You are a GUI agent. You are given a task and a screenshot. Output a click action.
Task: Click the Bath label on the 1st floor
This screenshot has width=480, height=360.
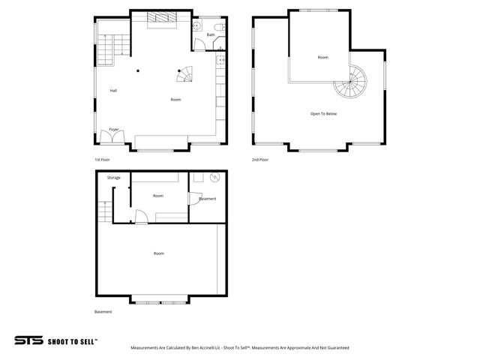211,35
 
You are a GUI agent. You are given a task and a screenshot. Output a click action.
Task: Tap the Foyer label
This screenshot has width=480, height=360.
114,130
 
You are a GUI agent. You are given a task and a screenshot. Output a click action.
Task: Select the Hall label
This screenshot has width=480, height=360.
113,91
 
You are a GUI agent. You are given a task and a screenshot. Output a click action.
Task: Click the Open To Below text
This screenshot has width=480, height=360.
323,114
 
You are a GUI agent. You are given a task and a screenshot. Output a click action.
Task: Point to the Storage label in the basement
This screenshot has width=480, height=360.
114,178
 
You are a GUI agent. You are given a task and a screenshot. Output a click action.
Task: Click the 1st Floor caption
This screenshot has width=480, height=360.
102,160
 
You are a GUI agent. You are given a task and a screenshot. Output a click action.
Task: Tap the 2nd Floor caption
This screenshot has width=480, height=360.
260,160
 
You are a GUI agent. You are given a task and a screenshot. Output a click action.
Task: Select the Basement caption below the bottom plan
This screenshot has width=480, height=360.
103,312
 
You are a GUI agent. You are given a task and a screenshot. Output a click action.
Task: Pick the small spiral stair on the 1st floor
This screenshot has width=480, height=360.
185,74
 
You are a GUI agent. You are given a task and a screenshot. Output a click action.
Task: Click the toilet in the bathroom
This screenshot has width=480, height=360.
220,28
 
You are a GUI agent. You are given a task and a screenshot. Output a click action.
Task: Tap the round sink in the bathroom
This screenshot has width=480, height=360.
196,26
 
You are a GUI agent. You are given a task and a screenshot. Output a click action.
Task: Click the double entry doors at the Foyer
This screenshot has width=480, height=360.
112,136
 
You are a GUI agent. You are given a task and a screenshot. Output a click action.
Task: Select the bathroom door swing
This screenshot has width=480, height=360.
199,44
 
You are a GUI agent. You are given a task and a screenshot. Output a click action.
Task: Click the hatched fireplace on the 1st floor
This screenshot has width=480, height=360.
162,17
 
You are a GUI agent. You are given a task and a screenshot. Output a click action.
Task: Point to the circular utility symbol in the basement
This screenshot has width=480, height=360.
214,177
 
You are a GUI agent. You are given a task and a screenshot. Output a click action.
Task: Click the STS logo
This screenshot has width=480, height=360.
28,340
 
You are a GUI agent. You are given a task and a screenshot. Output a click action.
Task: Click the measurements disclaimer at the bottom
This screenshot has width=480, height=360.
240,348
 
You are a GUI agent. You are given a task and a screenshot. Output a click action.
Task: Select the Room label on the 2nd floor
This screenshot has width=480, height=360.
323,57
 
